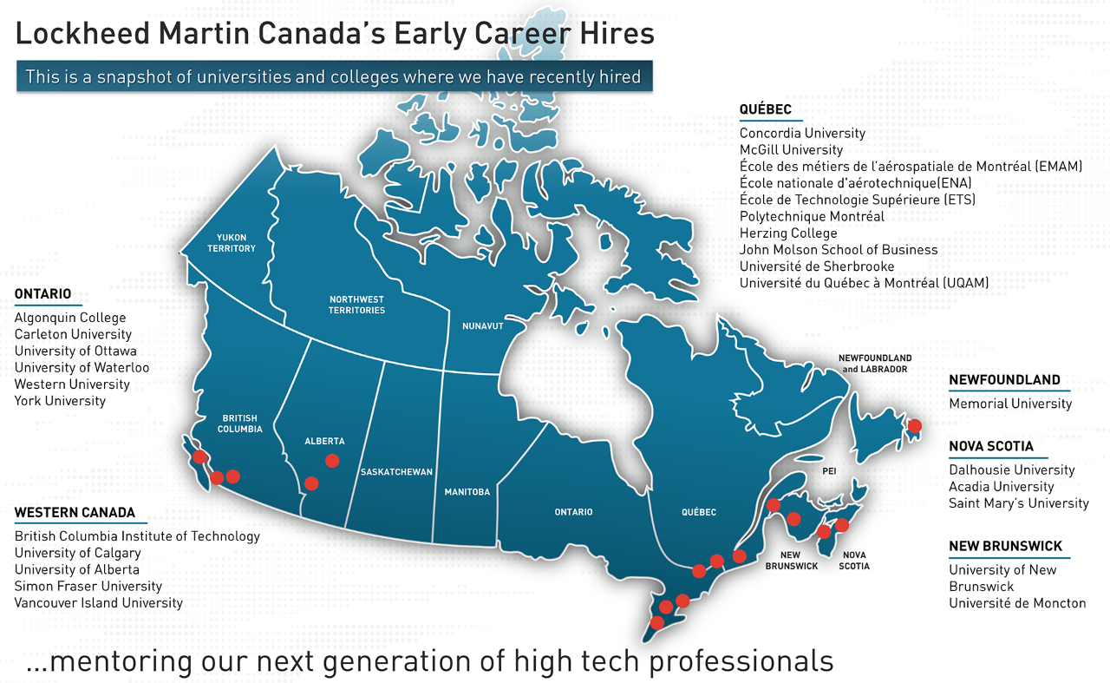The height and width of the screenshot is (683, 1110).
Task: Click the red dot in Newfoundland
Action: pyautogui.click(x=914, y=425)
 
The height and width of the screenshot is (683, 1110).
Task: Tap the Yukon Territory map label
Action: pyautogui.click(x=232, y=243)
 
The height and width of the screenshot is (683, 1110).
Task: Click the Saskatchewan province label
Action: pyautogui.click(x=396, y=472)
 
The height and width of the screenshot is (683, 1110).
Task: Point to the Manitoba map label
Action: pyautogui.click(x=467, y=492)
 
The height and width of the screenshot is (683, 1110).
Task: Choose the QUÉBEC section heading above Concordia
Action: pyautogui.click(x=766, y=109)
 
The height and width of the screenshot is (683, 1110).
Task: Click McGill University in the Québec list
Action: pyautogui.click(x=791, y=150)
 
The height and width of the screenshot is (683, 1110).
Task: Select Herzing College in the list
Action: pyautogui.click(x=788, y=233)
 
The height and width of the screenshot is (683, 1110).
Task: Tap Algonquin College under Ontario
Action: pyautogui.click(x=70, y=318)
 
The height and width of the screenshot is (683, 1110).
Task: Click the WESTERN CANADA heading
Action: pyautogui.click(x=75, y=513)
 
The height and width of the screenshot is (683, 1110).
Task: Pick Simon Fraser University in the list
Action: pyautogui.click(x=88, y=586)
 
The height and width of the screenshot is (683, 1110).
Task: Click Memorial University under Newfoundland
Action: pyautogui.click(x=1010, y=404)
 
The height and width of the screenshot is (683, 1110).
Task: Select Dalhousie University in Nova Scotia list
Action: pyautogui.click(x=1011, y=470)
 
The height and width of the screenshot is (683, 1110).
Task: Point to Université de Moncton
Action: pyautogui.click(x=1017, y=603)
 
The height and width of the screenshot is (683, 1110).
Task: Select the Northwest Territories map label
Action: pyautogui.click(x=356, y=305)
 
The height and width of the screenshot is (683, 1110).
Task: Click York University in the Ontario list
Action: pyautogui.click(x=60, y=401)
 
